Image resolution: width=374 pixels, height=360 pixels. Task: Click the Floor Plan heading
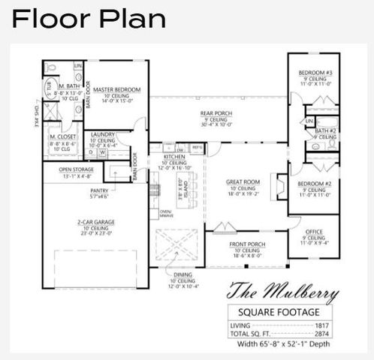click(89, 19)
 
